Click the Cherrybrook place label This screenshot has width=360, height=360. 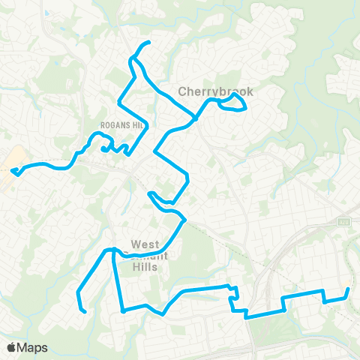tap(216, 91)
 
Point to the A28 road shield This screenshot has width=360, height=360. tap(344, 222)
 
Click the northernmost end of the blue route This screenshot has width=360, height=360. tap(149, 42)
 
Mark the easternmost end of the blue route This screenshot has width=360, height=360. tap(349, 289)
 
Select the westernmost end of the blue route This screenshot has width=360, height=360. tap(13, 172)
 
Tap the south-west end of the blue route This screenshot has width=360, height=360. tap(85, 311)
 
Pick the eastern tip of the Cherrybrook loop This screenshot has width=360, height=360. tap(246, 109)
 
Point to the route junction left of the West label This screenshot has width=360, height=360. tap(113, 250)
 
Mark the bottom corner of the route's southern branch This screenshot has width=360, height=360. tap(121, 310)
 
